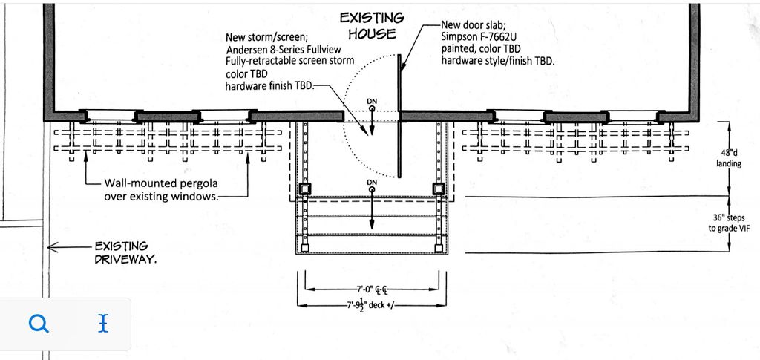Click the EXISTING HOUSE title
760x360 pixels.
[x=372, y=26]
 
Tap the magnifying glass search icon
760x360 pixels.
[x=39, y=323]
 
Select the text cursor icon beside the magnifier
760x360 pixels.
[x=102, y=323]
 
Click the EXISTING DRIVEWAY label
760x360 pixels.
[x=125, y=252]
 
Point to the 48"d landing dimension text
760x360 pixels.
[x=729, y=158]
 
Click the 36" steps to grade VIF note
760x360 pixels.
[x=729, y=223]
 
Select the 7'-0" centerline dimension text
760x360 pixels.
[x=373, y=289]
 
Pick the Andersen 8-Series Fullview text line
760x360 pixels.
[x=284, y=50]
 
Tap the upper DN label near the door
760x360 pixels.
[x=372, y=101]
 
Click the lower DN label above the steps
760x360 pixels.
[x=372, y=182]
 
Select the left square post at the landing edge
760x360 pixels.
[x=304, y=189]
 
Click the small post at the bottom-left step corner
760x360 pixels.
[x=304, y=249]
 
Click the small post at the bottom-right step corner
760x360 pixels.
[x=438, y=249]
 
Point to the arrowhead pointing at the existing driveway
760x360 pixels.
[x=51, y=247]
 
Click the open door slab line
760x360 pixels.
[x=399, y=117]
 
